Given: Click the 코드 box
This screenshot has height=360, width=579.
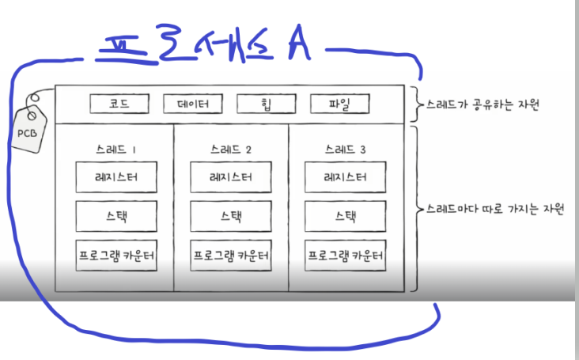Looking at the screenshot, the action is click(x=120, y=104).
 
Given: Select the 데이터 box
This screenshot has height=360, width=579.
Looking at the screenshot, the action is click(x=193, y=104).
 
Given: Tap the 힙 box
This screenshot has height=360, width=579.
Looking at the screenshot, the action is click(x=266, y=104).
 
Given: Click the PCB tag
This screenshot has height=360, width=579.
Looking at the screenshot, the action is click(x=27, y=130).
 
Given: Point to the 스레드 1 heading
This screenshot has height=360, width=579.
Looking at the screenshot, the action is click(x=115, y=149).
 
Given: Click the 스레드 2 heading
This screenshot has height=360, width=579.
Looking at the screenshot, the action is click(x=232, y=149).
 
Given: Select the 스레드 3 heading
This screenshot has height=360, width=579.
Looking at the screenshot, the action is click(x=346, y=149).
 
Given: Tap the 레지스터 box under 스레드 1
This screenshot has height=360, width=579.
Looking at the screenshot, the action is click(x=115, y=177).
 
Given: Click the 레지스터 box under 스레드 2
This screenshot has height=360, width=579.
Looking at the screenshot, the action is click(x=232, y=177).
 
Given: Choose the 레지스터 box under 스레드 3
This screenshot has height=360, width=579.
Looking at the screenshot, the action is click(x=346, y=177).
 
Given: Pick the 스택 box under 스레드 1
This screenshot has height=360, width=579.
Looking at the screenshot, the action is click(x=115, y=215).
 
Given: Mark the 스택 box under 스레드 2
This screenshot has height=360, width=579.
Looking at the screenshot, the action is click(x=232, y=215).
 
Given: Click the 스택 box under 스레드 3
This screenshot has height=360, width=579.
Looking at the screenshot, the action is click(x=346, y=215).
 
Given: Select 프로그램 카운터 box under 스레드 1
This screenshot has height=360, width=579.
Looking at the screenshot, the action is click(x=115, y=256).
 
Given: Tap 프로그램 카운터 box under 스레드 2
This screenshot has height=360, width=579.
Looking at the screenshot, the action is click(x=232, y=256).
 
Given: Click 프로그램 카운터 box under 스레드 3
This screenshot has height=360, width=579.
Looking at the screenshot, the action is click(x=346, y=256).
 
